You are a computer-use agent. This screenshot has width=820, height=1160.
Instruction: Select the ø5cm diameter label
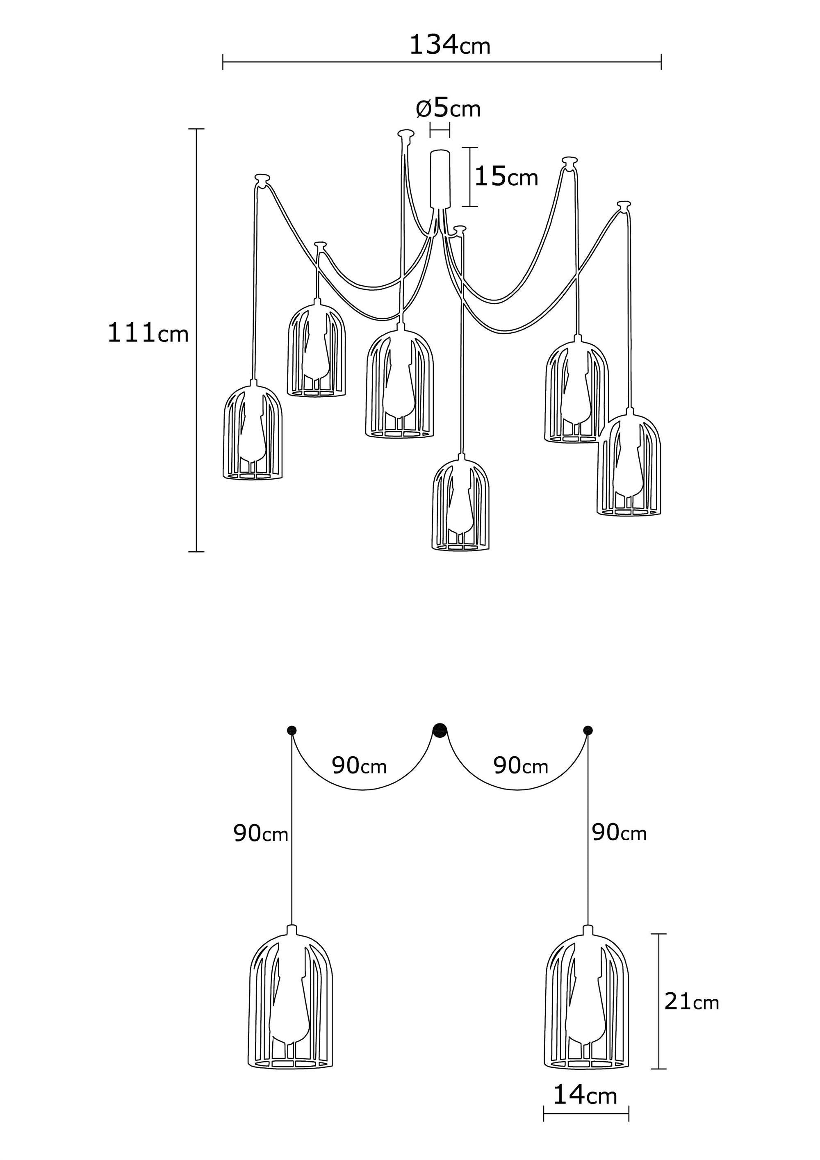point(448,109)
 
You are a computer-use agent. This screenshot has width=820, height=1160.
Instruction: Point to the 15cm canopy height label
point(506,177)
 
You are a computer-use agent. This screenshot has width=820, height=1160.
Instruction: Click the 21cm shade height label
point(691,1001)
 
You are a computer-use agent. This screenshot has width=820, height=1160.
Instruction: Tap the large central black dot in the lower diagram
point(440,730)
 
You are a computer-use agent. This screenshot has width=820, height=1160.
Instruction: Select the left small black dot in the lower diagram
point(292,730)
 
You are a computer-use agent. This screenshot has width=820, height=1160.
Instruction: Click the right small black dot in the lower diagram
point(588,730)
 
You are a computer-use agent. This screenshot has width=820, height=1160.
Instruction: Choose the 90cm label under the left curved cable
point(359,766)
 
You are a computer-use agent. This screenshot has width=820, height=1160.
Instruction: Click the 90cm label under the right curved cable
point(520,766)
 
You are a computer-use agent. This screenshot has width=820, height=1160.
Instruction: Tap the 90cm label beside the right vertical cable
point(619,832)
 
